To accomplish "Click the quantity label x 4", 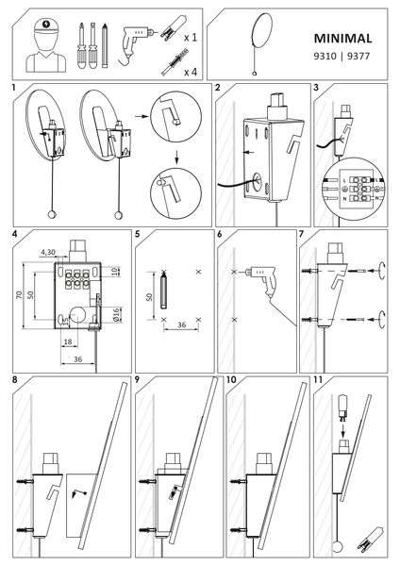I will [x=190, y=71].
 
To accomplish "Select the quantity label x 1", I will [x=190, y=38].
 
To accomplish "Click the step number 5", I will [x=138, y=232].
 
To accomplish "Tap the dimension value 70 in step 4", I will [x=19, y=294].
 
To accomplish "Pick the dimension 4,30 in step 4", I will [x=50, y=252].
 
